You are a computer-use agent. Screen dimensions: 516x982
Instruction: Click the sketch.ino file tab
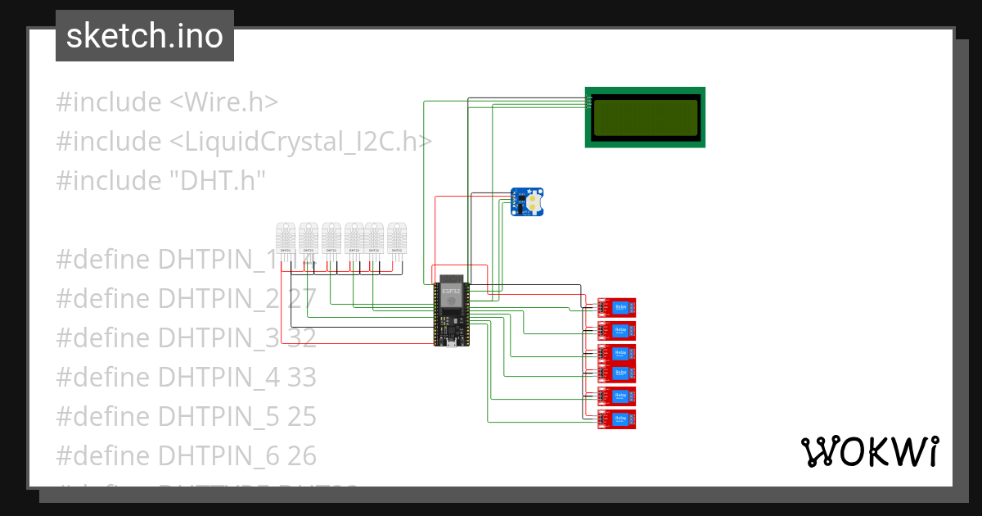click(x=144, y=36)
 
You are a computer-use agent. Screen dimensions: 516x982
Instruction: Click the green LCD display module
click(x=645, y=117)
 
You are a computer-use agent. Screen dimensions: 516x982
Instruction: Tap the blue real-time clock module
click(x=528, y=201)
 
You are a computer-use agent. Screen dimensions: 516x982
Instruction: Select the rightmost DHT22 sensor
click(x=396, y=239)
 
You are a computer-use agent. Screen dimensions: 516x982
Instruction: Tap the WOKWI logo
click(x=869, y=451)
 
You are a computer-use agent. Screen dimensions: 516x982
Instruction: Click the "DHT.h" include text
click(x=218, y=180)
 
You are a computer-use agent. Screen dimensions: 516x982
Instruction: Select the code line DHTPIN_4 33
click(x=186, y=377)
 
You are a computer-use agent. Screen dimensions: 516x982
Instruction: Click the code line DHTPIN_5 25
click(x=186, y=416)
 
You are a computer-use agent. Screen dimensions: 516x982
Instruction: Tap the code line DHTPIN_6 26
click(x=186, y=455)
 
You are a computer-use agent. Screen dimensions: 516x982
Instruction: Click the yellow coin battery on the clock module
click(x=534, y=199)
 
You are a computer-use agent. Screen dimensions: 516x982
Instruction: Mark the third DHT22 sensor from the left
click(x=331, y=239)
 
